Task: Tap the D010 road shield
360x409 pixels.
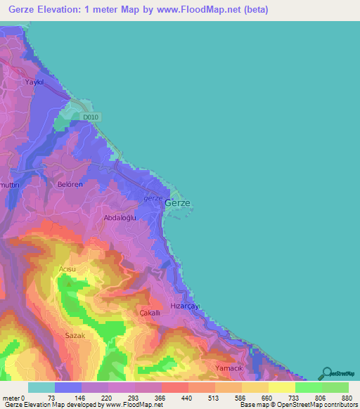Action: (87, 117)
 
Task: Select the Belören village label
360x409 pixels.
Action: (70, 184)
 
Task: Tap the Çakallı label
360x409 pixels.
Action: (150, 312)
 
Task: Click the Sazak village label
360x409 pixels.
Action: (75, 336)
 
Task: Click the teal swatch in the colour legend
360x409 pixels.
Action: (41, 387)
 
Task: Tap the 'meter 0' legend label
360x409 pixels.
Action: (14, 397)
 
